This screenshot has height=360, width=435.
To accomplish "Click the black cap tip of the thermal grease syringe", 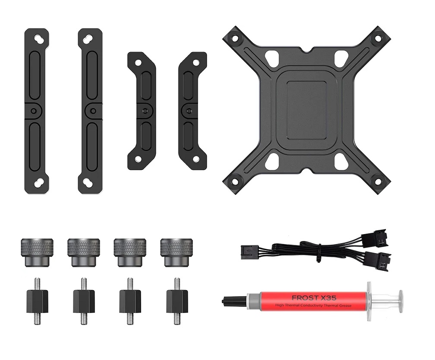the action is click(x=233, y=300).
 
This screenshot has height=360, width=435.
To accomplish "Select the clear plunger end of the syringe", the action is click(x=400, y=301).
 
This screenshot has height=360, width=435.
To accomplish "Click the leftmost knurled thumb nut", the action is click(x=37, y=252).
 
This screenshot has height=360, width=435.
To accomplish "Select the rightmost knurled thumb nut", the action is click(x=176, y=252).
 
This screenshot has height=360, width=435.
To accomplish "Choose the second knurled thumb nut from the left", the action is click(x=84, y=252).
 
